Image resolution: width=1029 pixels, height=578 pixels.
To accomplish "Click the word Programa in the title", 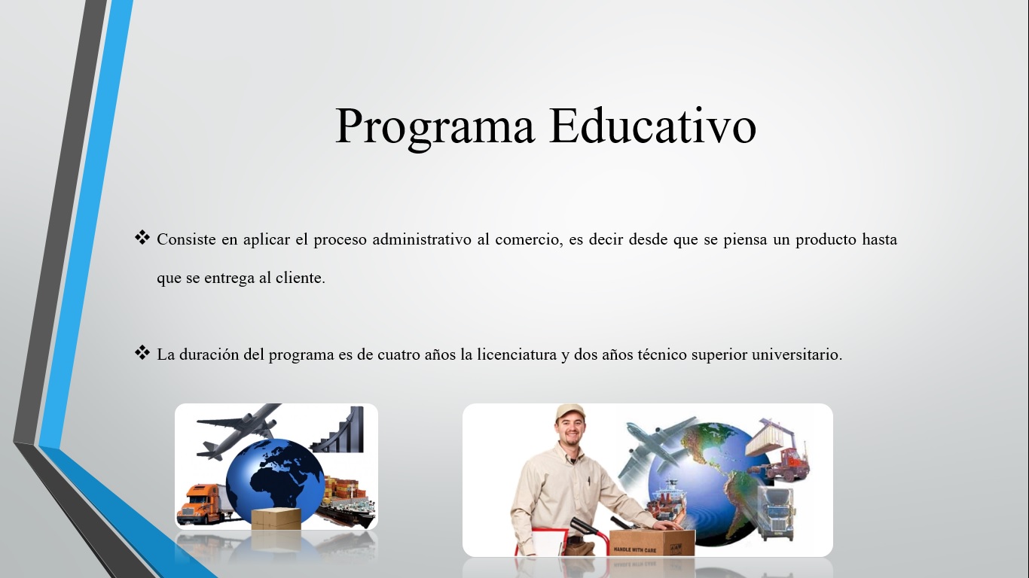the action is [x=435, y=126].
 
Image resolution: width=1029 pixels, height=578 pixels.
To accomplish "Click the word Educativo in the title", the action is [x=652, y=125].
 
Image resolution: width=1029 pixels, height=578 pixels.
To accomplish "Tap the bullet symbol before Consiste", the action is [x=142, y=238].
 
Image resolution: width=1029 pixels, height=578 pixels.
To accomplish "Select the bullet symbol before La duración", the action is [x=142, y=352].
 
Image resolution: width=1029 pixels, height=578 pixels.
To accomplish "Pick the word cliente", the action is [x=301, y=278].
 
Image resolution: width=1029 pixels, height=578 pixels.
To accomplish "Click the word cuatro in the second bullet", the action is [x=398, y=355].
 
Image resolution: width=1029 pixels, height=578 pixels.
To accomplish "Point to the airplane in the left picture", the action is [x=239, y=430].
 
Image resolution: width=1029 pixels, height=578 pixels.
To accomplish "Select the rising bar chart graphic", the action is [x=338, y=430].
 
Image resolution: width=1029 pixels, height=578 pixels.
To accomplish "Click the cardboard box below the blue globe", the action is [x=276, y=519].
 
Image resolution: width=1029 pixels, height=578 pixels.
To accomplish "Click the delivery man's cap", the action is [x=570, y=412].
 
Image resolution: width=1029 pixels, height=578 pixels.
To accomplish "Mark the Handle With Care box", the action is [x=652, y=543].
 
